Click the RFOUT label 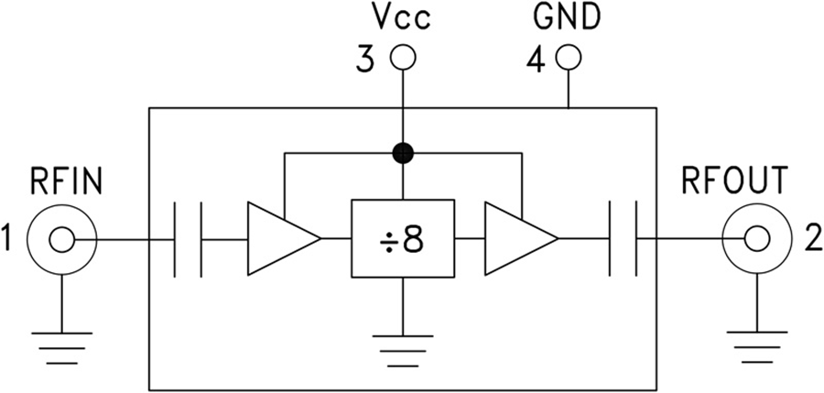tap(734, 182)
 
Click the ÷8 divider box tap(402, 240)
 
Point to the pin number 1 tap(9, 241)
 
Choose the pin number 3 tap(365, 60)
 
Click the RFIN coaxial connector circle tap(61, 241)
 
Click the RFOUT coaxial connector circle tap(756, 240)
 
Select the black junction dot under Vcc tap(402, 152)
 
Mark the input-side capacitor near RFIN tap(187, 240)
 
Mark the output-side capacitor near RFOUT tap(622, 240)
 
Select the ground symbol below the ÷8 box tap(402, 348)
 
